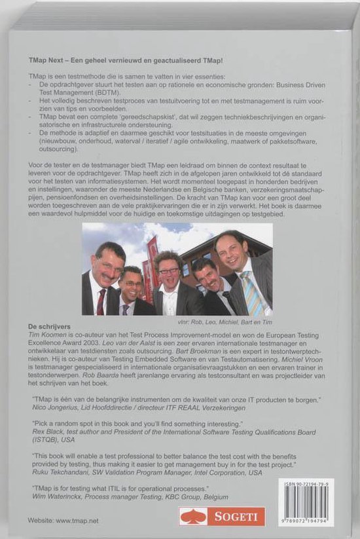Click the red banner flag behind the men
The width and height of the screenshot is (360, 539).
click(152, 249)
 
